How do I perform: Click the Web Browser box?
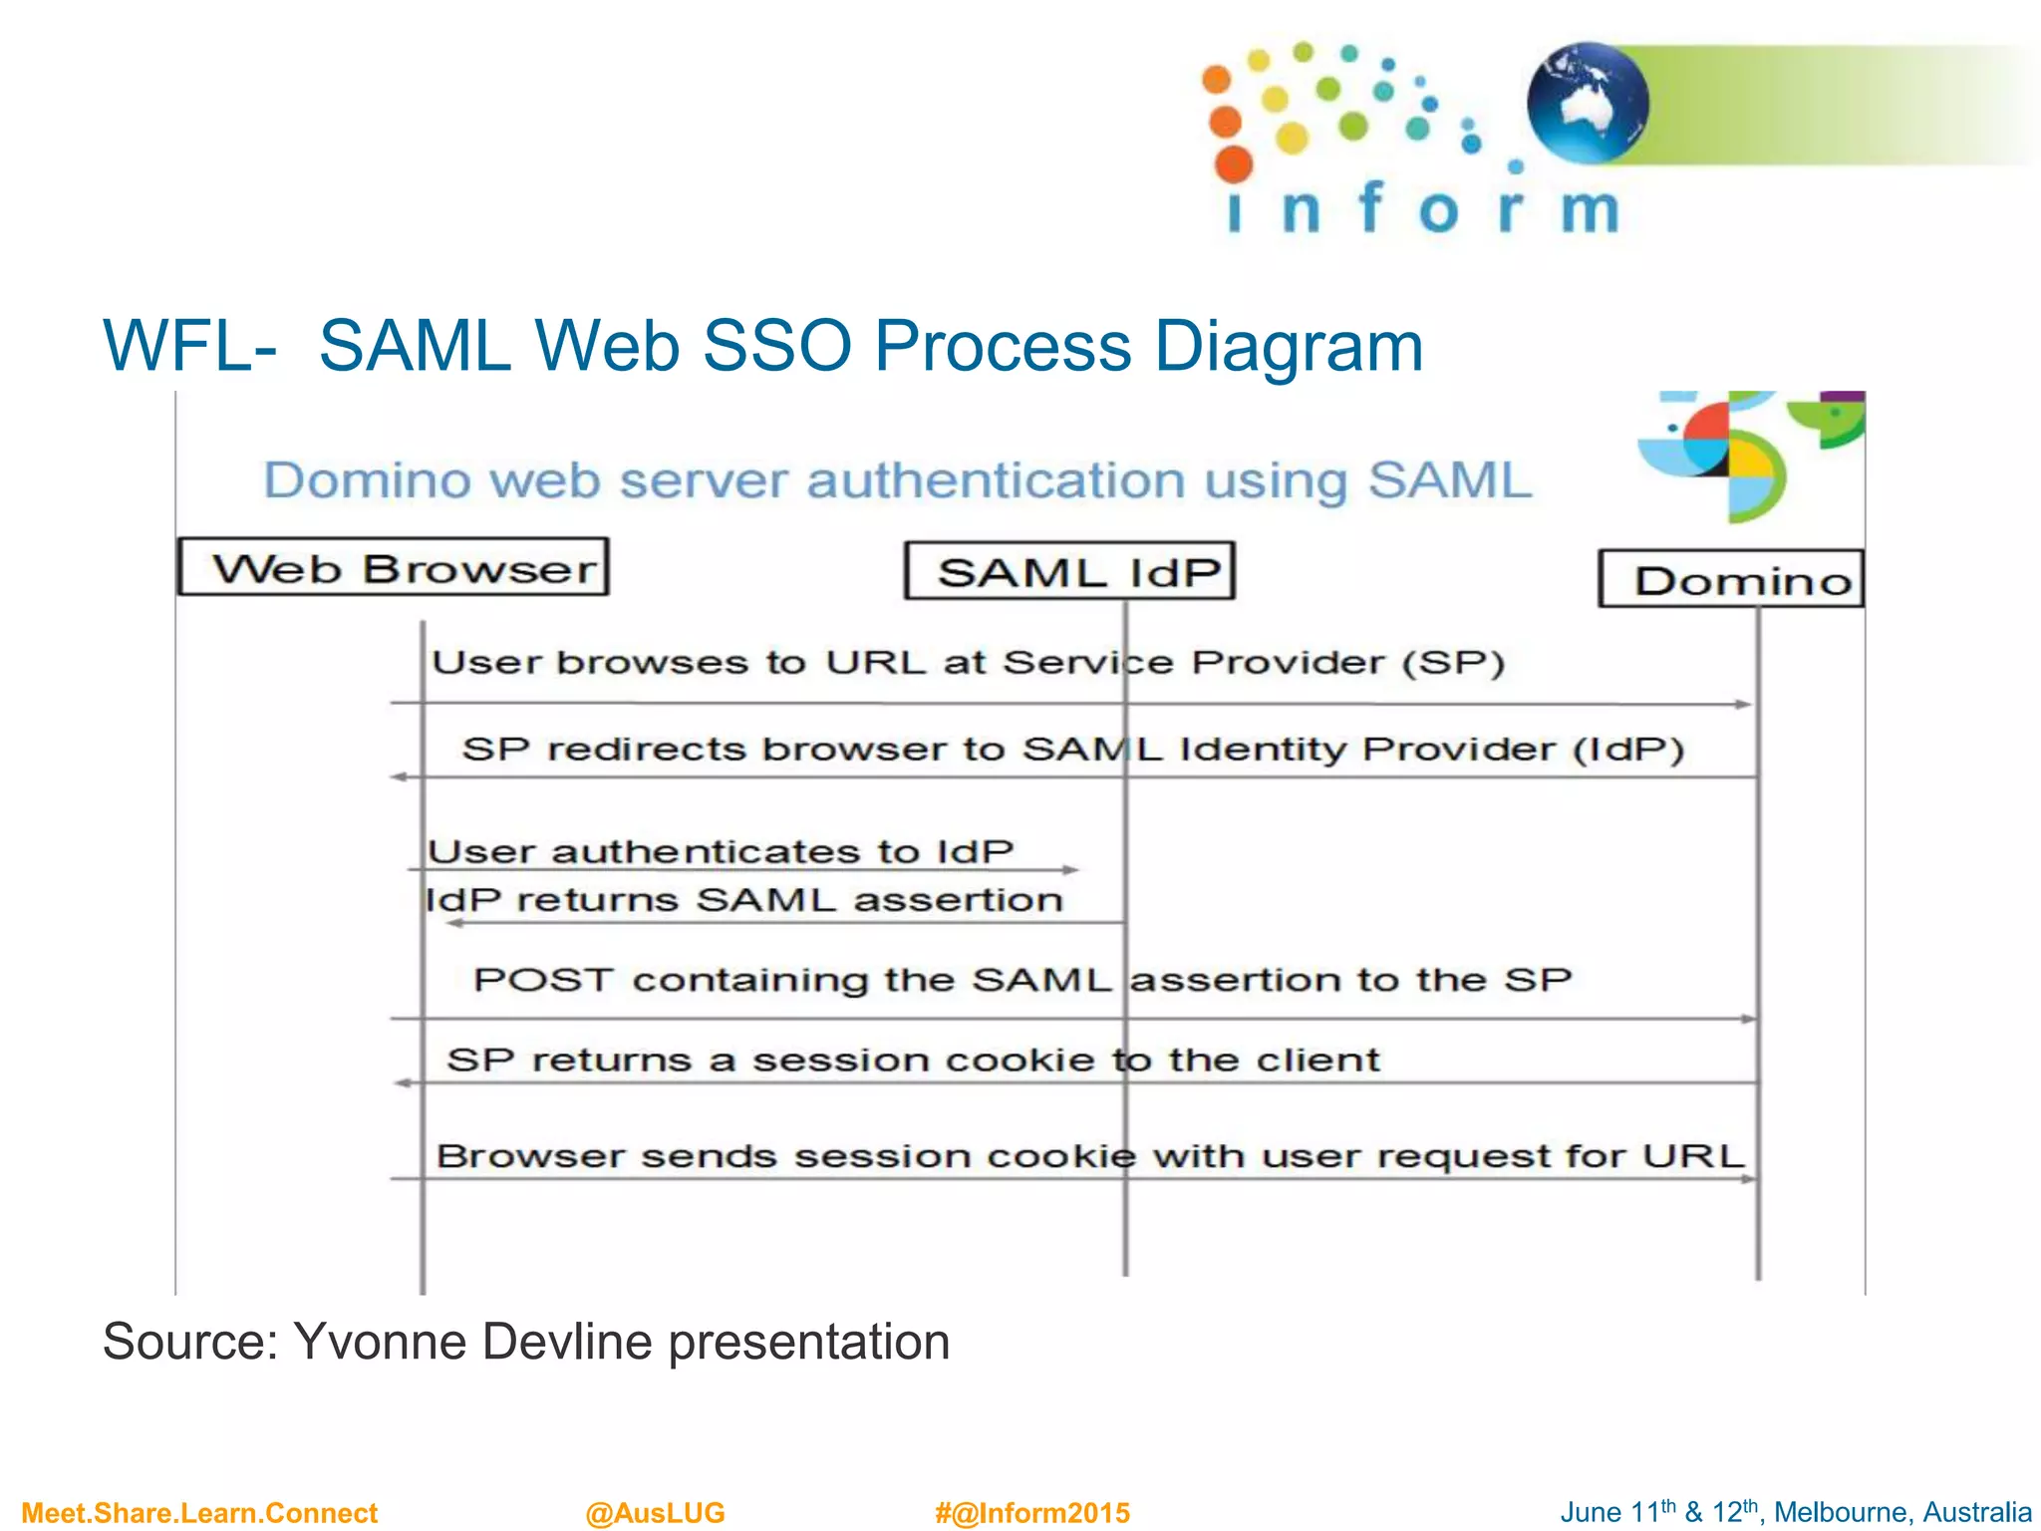click(x=393, y=567)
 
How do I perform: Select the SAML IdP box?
click(x=1069, y=571)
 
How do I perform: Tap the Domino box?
click(x=1731, y=579)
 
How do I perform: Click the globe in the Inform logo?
click(x=1587, y=103)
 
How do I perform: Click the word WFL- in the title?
click(x=189, y=347)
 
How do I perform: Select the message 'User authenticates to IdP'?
click(x=720, y=852)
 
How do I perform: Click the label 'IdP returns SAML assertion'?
click(x=743, y=900)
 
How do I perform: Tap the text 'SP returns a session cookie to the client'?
click(x=913, y=1060)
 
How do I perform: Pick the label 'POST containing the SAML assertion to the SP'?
click(x=1021, y=980)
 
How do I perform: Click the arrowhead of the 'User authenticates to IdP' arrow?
click(x=1070, y=870)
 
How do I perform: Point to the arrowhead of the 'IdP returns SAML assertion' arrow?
click(x=454, y=923)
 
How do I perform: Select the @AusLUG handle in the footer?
click(x=655, y=1512)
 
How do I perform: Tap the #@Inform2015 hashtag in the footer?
click(x=1031, y=1512)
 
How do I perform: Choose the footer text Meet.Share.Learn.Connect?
click(x=199, y=1512)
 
